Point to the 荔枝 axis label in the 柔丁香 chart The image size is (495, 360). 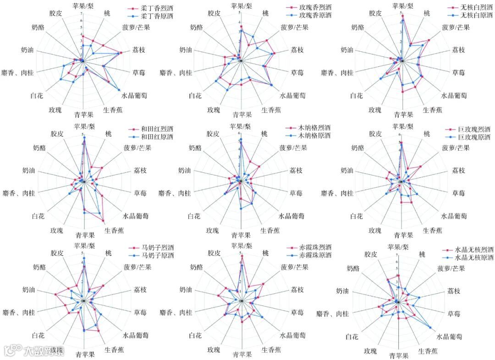point(138,49)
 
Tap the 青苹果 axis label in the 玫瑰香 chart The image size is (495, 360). point(242,115)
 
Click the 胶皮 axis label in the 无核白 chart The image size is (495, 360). point(375,13)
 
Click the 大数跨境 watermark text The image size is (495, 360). point(44,352)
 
